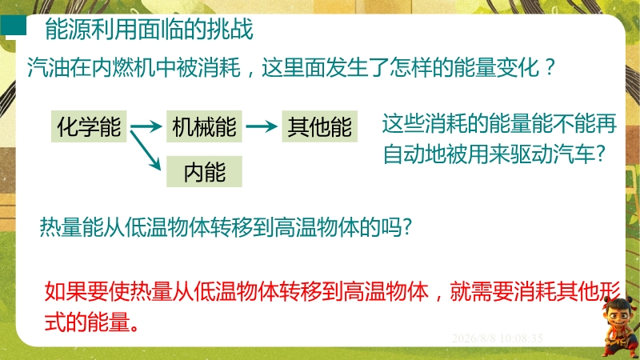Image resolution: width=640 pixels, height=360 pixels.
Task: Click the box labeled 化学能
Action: point(89,126)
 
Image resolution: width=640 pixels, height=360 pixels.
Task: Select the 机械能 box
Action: point(204,126)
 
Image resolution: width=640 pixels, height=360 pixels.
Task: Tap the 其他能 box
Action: point(319,126)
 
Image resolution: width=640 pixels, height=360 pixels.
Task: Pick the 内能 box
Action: point(204,171)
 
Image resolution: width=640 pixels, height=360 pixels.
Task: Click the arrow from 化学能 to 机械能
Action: point(146,126)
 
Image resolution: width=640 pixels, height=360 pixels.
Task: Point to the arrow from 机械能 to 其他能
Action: point(262,126)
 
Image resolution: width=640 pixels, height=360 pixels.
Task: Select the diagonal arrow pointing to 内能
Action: point(146,150)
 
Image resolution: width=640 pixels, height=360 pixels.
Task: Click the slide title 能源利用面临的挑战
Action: point(149,29)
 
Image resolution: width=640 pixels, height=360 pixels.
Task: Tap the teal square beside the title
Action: point(13,26)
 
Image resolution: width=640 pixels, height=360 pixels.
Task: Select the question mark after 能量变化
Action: point(550,67)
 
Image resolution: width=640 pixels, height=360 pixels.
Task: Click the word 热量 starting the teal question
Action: point(61,227)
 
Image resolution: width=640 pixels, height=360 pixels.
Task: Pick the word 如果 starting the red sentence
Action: point(66,291)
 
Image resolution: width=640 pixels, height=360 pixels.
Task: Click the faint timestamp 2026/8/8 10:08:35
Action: point(497,338)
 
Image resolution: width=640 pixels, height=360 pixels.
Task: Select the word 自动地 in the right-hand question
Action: point(415,154)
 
